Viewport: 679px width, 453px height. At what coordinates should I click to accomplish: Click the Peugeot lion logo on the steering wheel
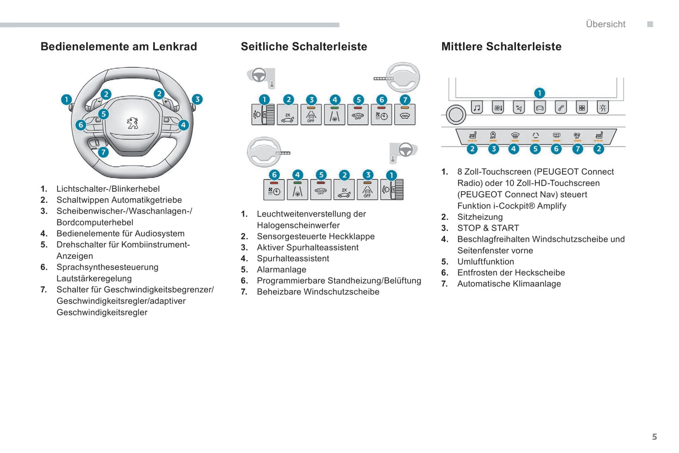(x=133, y=123)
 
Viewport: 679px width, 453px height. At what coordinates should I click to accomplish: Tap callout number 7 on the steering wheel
(x=103, y=152)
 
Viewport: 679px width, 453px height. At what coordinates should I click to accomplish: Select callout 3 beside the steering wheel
(x=197, y=99)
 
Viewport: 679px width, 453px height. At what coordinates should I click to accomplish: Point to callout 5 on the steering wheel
(x=103, y=114)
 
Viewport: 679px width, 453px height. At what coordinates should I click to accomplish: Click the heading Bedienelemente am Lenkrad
(x=118, y=47)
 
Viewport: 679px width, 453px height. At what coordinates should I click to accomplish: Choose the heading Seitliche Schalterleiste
(x=304, y=47)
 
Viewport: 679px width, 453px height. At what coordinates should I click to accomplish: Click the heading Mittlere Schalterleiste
(x=501, y=47)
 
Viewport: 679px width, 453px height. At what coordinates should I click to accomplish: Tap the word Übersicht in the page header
(x=605, y=24)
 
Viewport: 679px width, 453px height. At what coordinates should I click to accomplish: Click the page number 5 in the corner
(x=654, y=437)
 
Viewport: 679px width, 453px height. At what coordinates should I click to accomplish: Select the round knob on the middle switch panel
(x=455, y=115)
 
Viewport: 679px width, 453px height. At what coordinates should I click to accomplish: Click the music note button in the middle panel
(x=477, y=108)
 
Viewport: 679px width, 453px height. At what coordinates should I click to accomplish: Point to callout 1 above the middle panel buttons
(x=539, y=93)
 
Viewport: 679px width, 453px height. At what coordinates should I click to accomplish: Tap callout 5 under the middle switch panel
(x=535, y=149)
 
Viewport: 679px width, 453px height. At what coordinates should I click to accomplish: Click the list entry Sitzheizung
(x=480, y=217)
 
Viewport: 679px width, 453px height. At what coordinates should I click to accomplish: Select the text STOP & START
(x=488, y=228)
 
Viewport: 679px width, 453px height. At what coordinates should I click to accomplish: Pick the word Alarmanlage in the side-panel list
(x=281, y=270)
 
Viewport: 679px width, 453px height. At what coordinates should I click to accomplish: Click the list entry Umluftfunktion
(x=485, y=262)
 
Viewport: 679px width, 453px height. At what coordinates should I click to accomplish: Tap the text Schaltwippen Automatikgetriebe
(x=119, y=200)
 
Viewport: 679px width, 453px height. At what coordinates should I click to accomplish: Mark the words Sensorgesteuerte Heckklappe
(x=315, y=236)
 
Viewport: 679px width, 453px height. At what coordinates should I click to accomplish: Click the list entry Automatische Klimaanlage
(x=509, y=284)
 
